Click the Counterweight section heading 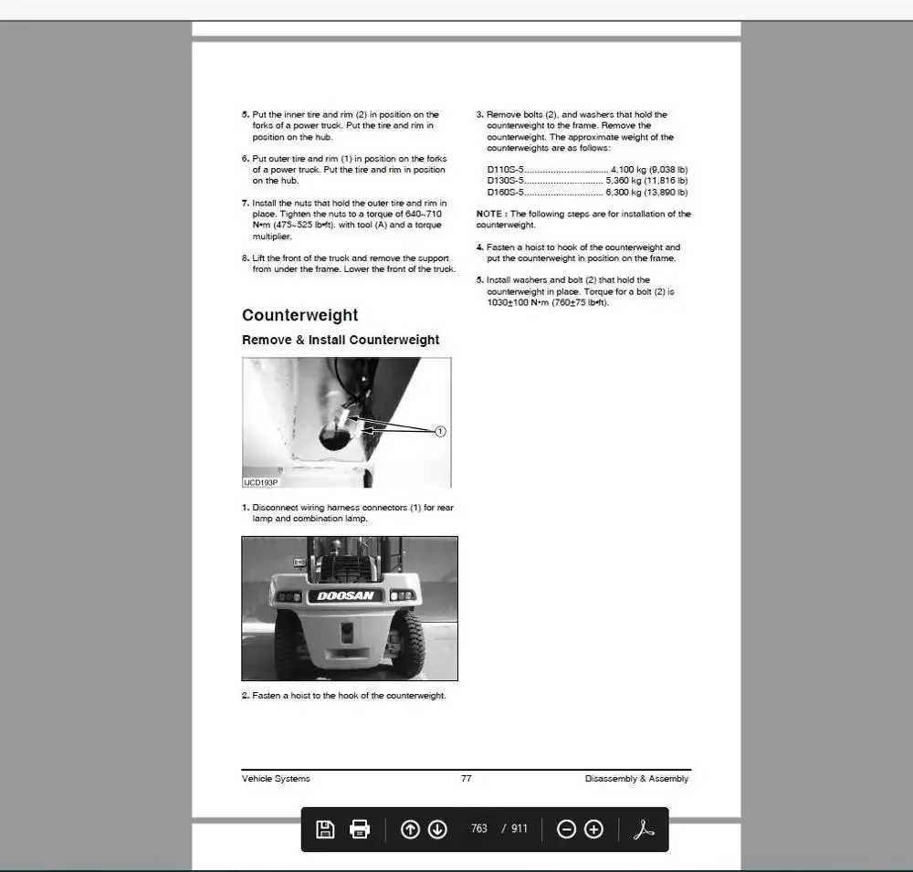(299, 315)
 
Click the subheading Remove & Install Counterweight (341, 340)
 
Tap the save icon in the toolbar (325, 829)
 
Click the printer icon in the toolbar (361, 829)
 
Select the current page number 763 (479, 829)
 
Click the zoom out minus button (566, 829)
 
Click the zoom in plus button (593, 829)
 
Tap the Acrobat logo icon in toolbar (645, 829)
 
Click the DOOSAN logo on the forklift (346, 596)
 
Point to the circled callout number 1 (440, 431)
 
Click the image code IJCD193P (260, 482)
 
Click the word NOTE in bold (489, 214)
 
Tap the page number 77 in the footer (467, 779)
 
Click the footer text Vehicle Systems (276, 779)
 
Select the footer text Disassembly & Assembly (636, 779)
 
